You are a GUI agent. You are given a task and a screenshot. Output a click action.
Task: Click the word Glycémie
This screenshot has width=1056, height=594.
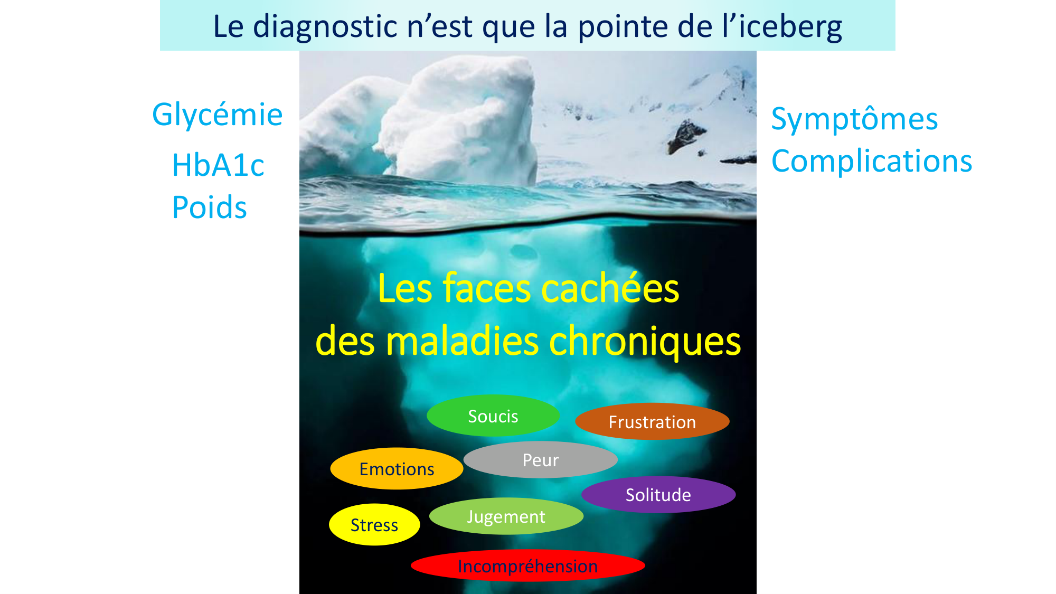pyautogui.click(x=218, y=115)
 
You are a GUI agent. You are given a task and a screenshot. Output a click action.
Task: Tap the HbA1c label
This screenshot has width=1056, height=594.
pyautogui.click(x=218, y=165)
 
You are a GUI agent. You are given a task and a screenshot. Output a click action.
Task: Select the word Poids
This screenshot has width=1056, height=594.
pyautogui.click(x=210, y=207)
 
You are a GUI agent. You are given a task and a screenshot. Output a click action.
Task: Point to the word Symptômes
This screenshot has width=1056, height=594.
pyautogui.click(x=854, y=119)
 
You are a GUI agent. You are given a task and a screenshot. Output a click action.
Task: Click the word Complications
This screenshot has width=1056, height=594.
pyautogui.click(x=872, y=161)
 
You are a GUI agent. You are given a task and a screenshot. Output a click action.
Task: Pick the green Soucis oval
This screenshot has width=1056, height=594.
pyautogui.click(x=493, y=416)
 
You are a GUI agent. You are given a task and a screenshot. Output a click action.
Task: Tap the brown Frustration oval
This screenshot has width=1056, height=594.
pyautogui.click(x=652, y=421)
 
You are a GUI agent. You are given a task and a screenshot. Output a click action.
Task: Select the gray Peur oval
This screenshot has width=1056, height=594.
pyautogui.click(x=541, y=459)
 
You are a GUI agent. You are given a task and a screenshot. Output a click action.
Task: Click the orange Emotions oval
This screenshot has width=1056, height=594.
pyautogui.click(x=397, y=468)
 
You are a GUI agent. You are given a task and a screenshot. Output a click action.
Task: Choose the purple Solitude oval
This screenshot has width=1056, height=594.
pyautogui.click(x=658, y=495)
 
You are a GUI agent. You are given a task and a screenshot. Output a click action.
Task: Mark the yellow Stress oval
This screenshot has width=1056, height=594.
pyautogui.click(x=374, y=524)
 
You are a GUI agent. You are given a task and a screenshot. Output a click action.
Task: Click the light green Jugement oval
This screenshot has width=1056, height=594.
pyautogui.click(x=506, y=516)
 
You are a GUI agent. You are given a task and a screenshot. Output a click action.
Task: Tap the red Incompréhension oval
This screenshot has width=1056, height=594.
pyautogui.click(x=528, y=565)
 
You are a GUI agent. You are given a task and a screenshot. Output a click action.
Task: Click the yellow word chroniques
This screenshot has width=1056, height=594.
pyautogui.click(x=645, y=342)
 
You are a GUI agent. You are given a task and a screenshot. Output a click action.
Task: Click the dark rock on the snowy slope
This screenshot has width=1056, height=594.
pyautogui.click(x=685, y=135)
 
